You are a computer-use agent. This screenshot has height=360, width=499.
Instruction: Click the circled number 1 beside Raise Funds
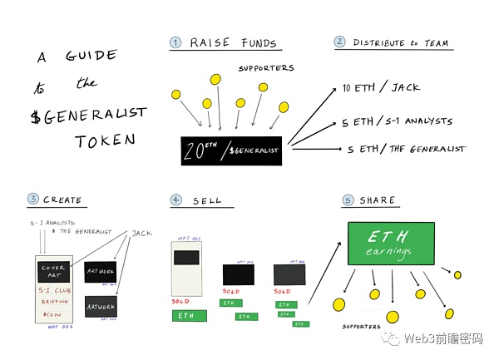click(175, 43)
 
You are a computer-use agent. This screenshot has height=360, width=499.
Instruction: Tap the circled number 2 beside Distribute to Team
click(339, 42)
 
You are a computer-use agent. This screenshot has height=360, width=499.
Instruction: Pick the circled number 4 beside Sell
click(175, 200)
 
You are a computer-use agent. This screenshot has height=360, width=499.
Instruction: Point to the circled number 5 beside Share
click(348, 200)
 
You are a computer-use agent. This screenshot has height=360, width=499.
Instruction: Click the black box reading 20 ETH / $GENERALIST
click(231, 150)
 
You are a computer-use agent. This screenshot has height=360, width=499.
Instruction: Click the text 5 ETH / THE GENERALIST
click(406, 150)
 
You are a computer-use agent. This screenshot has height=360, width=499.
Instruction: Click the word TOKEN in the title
click(104, 141)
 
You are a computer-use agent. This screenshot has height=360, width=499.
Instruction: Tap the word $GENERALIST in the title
click(90, 113)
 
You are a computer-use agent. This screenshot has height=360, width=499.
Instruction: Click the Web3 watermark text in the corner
click(441, 338)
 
